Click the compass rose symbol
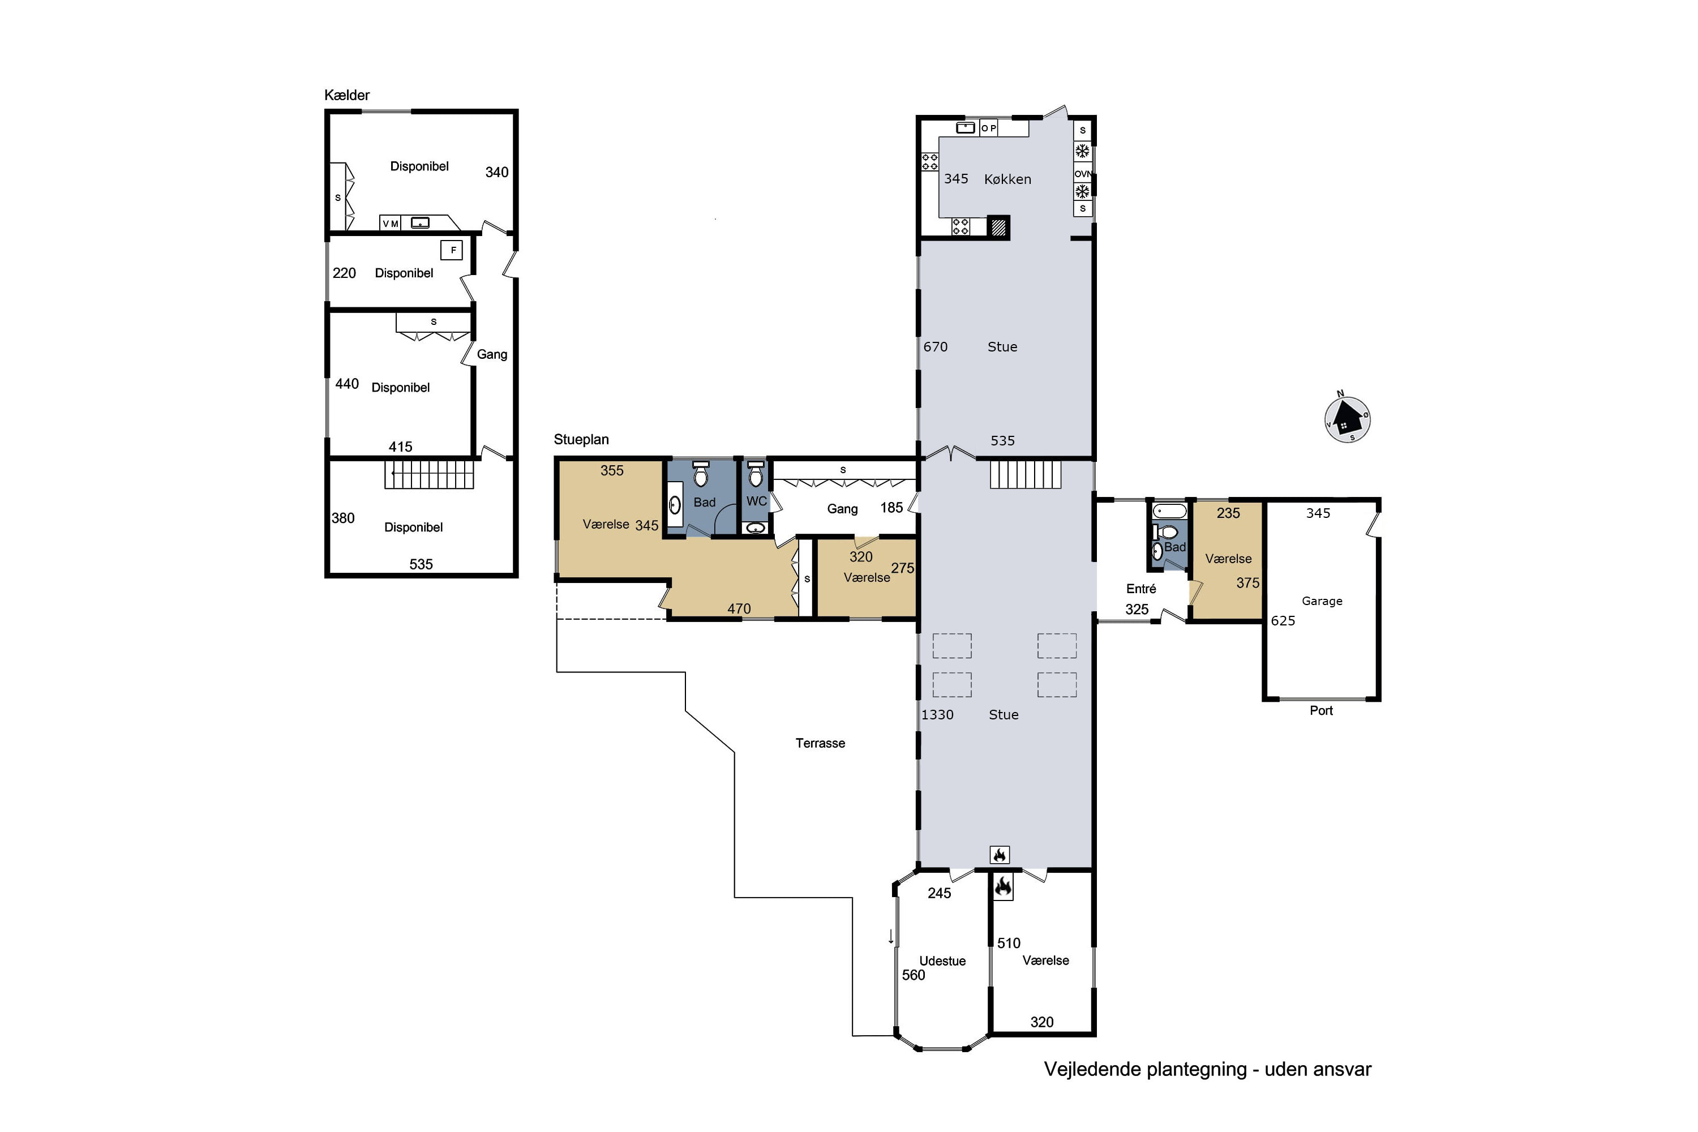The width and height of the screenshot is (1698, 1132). click(1347, 419)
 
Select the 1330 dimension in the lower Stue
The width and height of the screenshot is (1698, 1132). click(937, 715)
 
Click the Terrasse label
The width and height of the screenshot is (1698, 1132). click(820, 743)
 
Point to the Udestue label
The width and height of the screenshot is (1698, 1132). click(942, 961)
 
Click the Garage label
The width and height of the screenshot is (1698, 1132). click(1322, 601)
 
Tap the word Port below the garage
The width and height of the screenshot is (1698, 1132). click(1321, 710)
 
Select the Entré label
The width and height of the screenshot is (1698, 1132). click(1140, 589)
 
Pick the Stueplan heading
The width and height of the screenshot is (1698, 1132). click(581, 440)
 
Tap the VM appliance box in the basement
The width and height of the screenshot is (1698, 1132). click(391, 224)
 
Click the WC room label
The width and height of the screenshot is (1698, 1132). click(756, 501)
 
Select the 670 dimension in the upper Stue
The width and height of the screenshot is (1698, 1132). click(935, 346)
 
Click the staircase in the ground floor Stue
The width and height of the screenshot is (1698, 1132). click(1025, 474)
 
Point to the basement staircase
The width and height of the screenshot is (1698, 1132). click(429, 474)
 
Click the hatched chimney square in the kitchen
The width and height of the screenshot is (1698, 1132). click(998, 228)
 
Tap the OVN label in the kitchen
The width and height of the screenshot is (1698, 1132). click(1082, 174)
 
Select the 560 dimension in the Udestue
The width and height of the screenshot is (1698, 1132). click(914, 975)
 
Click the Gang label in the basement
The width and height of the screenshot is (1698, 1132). click(492, 354)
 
